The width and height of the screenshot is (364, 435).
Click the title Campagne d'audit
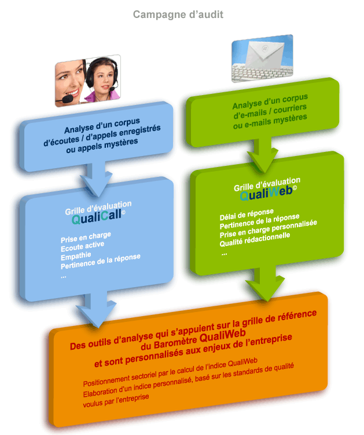178,14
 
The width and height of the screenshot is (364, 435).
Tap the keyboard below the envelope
261,72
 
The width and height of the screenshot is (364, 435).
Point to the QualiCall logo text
98,216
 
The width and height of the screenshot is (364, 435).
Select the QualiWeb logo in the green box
268,193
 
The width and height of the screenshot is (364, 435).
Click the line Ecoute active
83,246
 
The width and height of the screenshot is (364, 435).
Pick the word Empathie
76,256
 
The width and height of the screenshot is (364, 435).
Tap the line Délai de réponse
247,215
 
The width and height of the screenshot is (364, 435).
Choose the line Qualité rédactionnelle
255,240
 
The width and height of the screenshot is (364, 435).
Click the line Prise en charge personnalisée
268,229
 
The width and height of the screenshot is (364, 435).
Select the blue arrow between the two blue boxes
97,179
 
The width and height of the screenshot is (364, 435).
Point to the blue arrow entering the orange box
96,309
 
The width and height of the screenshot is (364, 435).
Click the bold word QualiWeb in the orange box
222,336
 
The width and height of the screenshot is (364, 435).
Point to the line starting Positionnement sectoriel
170,372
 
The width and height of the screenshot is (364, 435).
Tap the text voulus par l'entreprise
116,401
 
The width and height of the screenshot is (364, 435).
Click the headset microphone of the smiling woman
67,99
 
